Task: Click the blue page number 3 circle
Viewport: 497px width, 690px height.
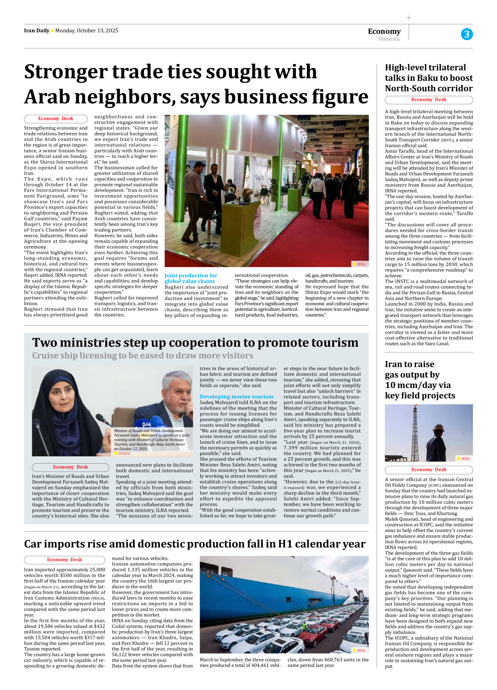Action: coord(467,34)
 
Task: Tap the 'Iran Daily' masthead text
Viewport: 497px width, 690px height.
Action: coord(37,31)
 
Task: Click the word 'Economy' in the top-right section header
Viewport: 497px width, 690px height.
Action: coord(384,31)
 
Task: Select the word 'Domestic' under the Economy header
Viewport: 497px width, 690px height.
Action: coord(389,39)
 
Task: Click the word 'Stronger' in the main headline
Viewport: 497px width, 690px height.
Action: coord(66,72)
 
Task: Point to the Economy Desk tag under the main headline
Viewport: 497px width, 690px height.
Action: coord(56,119)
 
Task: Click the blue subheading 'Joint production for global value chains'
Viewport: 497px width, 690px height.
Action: coord(191,278)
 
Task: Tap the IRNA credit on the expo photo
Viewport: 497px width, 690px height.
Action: coord(360,264)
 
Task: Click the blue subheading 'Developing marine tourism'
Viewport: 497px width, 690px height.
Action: coord(236,397)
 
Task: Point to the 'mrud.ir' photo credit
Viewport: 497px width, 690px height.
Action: coord(124,453)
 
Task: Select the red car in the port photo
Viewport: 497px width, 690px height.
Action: coord(314,633)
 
